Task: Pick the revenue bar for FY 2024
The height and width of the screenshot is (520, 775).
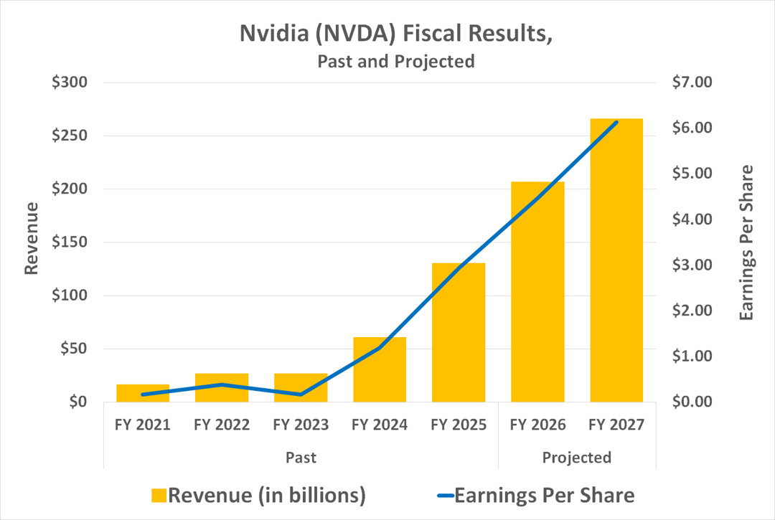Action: [380, 369]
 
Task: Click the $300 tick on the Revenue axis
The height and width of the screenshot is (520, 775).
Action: [69, 82]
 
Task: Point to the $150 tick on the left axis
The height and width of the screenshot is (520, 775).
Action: [69, 242]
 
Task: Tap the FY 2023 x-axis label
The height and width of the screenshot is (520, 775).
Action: [301, 425]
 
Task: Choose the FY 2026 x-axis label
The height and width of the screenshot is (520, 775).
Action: [537, 425]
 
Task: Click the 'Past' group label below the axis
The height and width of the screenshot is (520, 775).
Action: [301, 458]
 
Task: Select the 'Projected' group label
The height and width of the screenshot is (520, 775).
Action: [577, 458]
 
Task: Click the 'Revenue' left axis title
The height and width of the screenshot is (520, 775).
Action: [31, 239]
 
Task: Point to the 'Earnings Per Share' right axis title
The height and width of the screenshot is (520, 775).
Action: [747, 242]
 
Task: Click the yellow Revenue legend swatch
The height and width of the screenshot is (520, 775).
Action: [159, 495]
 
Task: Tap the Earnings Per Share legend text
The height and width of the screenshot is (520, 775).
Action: [545, 495]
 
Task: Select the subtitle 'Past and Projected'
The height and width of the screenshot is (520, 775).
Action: [395, 61]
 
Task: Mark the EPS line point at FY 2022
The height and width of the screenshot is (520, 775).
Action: [222, 384]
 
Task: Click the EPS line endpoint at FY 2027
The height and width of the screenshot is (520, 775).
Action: [616, 123]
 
